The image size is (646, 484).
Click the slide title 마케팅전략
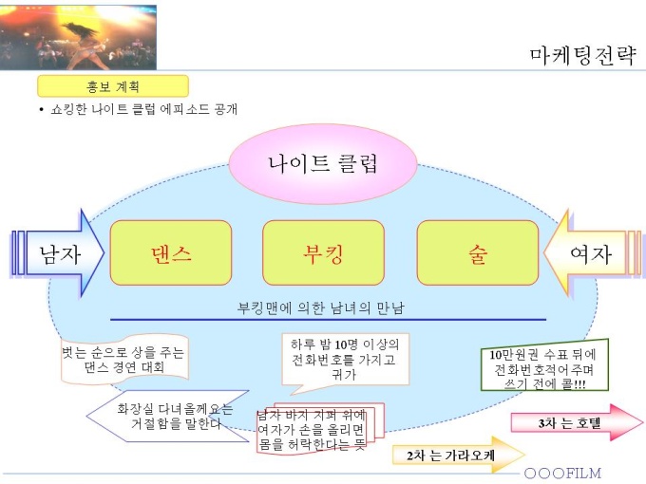(x=581, y=55)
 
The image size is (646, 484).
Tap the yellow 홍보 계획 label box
(x=112, y=86)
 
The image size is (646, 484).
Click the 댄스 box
(x=171, y=253)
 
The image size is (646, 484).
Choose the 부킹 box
(x=323, y=253)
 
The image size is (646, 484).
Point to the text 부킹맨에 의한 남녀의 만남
(x=328, y=308)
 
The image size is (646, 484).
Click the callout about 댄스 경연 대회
(x=123, y=359)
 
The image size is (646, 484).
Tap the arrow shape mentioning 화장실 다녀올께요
(x=171, y=416)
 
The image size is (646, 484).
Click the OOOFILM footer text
(x=562, y=473)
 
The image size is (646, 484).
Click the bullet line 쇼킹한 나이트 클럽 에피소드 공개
(x=142, y=109)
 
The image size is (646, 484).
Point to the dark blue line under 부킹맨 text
(x=328, y=320)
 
